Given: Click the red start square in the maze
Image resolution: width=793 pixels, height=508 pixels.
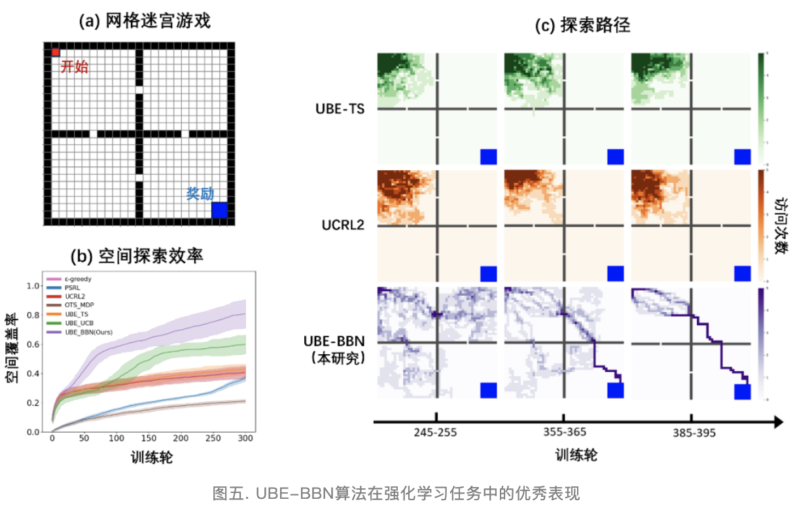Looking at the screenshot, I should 56,52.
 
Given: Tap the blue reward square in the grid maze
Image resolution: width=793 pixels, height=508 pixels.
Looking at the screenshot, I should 220,209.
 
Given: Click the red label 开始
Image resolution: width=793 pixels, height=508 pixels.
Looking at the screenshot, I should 74,67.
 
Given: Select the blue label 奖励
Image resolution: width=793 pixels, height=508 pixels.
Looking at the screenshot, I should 200,194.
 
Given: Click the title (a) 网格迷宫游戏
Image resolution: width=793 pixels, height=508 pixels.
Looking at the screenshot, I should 145,22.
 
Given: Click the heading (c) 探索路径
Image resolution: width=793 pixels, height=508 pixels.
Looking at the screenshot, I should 582,26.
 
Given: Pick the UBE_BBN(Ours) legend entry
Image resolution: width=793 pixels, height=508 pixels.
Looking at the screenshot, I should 88,333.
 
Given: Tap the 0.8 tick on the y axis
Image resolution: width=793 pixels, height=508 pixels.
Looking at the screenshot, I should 33,315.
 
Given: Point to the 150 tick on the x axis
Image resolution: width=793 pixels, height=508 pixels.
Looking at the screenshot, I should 149,438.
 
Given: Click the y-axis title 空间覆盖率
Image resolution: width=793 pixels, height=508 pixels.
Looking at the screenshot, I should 12,359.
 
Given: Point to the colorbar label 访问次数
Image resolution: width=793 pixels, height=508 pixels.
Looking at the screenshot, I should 780,226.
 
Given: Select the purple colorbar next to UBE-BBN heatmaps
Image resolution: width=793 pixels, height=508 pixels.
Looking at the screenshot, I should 762,343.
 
